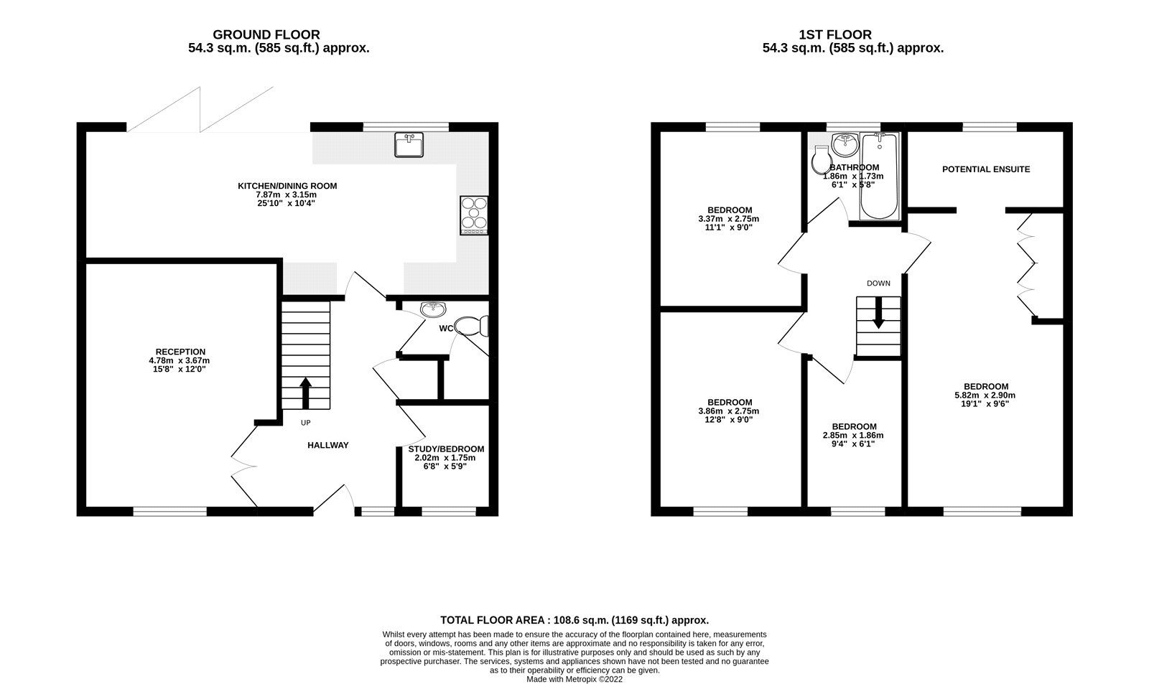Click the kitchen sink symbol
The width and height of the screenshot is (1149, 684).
point(409,144)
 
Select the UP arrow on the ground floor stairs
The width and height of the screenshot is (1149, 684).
point(305,393)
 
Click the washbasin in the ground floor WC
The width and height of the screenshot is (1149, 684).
point(432,309)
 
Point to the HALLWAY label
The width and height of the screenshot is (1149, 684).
point(327,445)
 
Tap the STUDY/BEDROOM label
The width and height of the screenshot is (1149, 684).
point(446,449)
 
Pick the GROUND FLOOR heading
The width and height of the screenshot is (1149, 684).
point(266,34)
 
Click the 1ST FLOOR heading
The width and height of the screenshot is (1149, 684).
point(835,34)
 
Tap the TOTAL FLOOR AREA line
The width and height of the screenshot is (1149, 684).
point(574,620)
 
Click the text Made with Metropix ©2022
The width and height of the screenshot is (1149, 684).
point(574,679)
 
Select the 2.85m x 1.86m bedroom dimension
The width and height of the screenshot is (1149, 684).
point(852,435)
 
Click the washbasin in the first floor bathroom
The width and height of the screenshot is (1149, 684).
point(845,144)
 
